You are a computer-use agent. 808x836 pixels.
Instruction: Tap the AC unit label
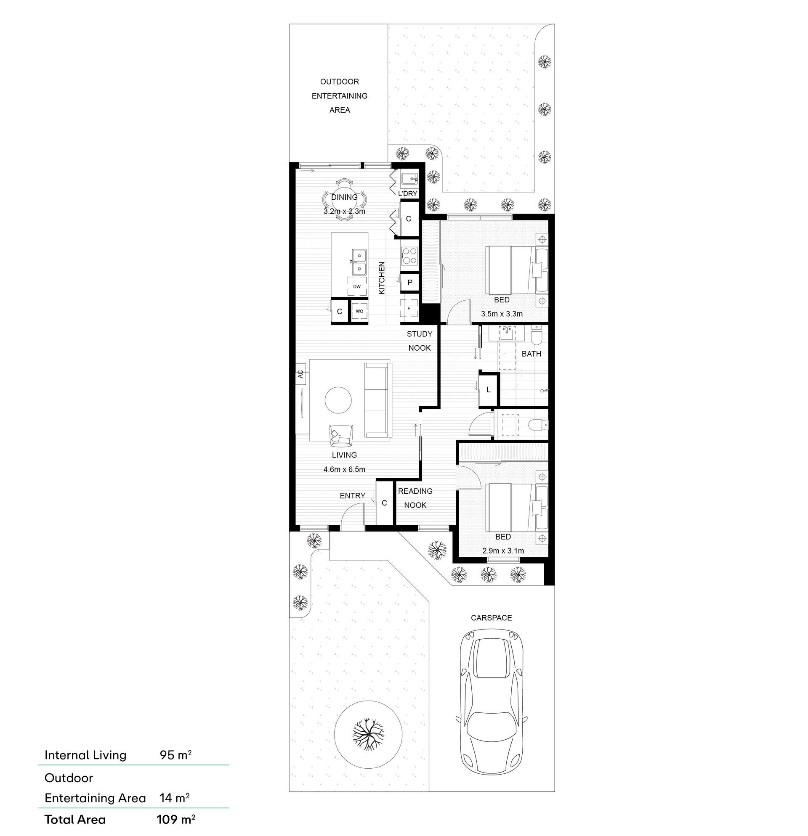(x=300, y=374)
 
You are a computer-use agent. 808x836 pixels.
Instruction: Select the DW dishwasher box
(x=357, y=286)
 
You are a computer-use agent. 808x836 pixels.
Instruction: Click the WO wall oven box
(x=359, y=311)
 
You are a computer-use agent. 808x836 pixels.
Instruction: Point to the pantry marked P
(x=410, y=282)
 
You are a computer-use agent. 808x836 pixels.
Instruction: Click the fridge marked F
(x=409, y=308)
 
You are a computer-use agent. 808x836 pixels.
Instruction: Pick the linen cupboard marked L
(x=488, y=389)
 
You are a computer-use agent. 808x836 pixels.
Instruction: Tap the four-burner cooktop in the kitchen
(x=409, y=256)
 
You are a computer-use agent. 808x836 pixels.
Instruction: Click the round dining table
(x=343, y=200)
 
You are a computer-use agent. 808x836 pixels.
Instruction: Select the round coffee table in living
(x=338, y=400)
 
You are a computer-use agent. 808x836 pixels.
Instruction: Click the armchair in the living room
(x=340, y=436)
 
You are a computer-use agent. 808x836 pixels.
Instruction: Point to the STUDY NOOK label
(x=419, y=341)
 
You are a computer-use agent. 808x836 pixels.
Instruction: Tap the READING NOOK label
(x=415, y=498)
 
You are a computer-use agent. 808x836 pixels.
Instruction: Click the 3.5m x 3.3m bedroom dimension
(x=502, y=314)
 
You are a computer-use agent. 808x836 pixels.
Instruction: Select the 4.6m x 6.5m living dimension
(x=344, y=470)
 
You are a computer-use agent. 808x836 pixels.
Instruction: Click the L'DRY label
(x=407, y=193)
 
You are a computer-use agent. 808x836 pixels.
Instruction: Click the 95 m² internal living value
(x=175, y=755)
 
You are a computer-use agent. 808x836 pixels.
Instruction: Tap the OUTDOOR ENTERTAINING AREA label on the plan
(x=339, y=95)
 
